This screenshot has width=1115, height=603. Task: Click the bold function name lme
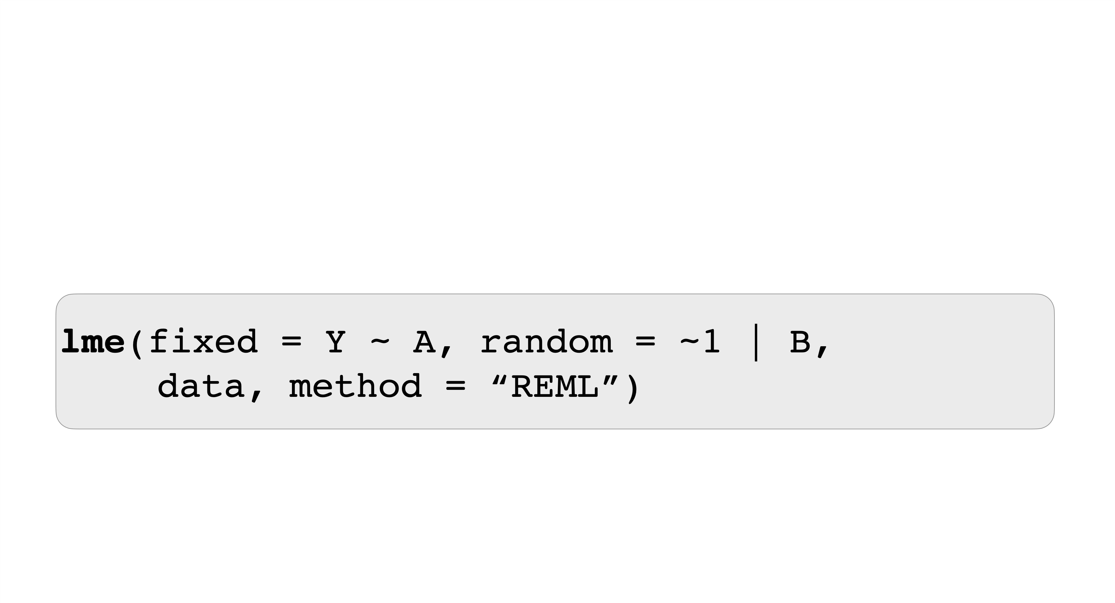pyautogui.click(x=93, y=342)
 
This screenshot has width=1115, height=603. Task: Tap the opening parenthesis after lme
pyautogui.click(x=137, y=343)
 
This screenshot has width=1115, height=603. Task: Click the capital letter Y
pyautogui.click(x=335, y=342)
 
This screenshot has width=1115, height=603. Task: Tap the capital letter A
pyautogui.click(x=424, y=342)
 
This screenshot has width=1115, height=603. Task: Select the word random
pyautogui.click(x=547, y=342)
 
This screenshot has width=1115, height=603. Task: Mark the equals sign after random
pyautogui.click(x=645, y=342)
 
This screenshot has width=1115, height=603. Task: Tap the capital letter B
pyautogui.click(x=800, y=342)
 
